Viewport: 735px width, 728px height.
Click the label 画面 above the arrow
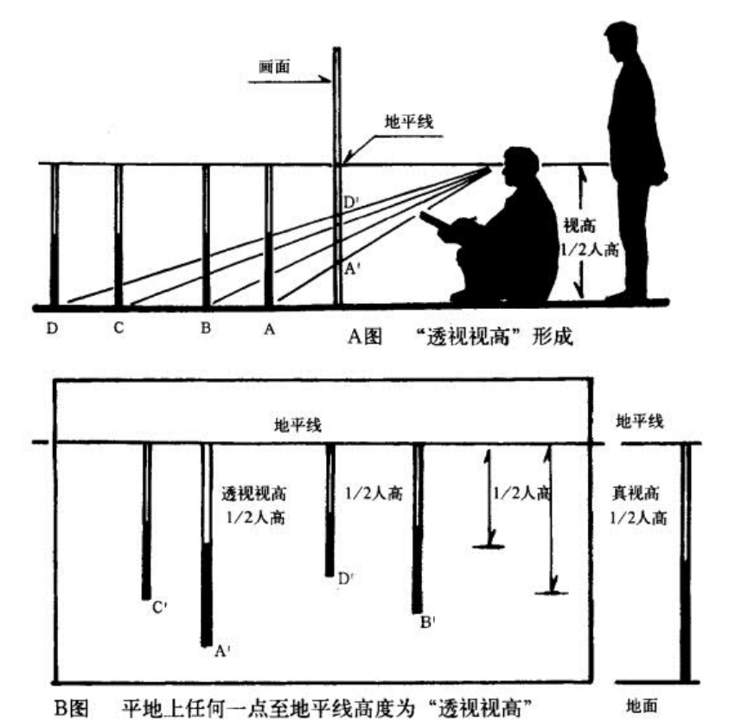274,66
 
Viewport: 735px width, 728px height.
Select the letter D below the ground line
54,330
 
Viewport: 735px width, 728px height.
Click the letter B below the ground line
206,330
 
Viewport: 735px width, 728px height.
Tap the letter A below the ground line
269,330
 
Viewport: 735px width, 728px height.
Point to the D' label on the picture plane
350,203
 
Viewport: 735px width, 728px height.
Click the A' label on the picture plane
350,268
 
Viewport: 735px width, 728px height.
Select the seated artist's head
522,169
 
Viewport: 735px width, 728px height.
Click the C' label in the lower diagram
159,609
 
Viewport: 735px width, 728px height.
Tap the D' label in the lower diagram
345,579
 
